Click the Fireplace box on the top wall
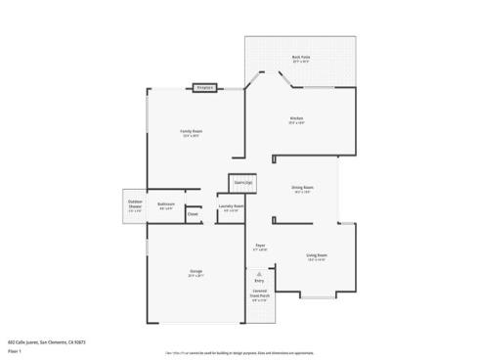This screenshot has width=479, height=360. pyautogui.click(x=204, y=88)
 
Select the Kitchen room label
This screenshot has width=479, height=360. pyautogui.click(x=297, y=118)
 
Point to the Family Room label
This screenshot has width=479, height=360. pyautogui.click(x=191, y=131)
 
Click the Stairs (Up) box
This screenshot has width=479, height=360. pyautogui.click(x=242, y=182)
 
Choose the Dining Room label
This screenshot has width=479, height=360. pyautogui.click(x=302, y=187)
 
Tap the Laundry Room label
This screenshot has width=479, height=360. pyautogui.click(x=232, y=206)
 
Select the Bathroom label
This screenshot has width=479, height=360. pyautogui.click(x=166, y=204)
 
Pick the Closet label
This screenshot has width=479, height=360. pyautogui.click(x=193, y=214)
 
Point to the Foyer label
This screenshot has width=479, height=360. pyautogui.click(x=260, y=246)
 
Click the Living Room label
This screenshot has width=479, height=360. pyautogui.click(x=317, y=254)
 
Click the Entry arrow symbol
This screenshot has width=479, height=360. pyautogui.click(x=259, y=275)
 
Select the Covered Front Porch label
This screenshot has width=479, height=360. pyautogui.click(x=259, y=293)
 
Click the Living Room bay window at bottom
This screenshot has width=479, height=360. pyautogui.click(x=318, y=295)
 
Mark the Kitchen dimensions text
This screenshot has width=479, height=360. pyautogui.click(x=297, y=123)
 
